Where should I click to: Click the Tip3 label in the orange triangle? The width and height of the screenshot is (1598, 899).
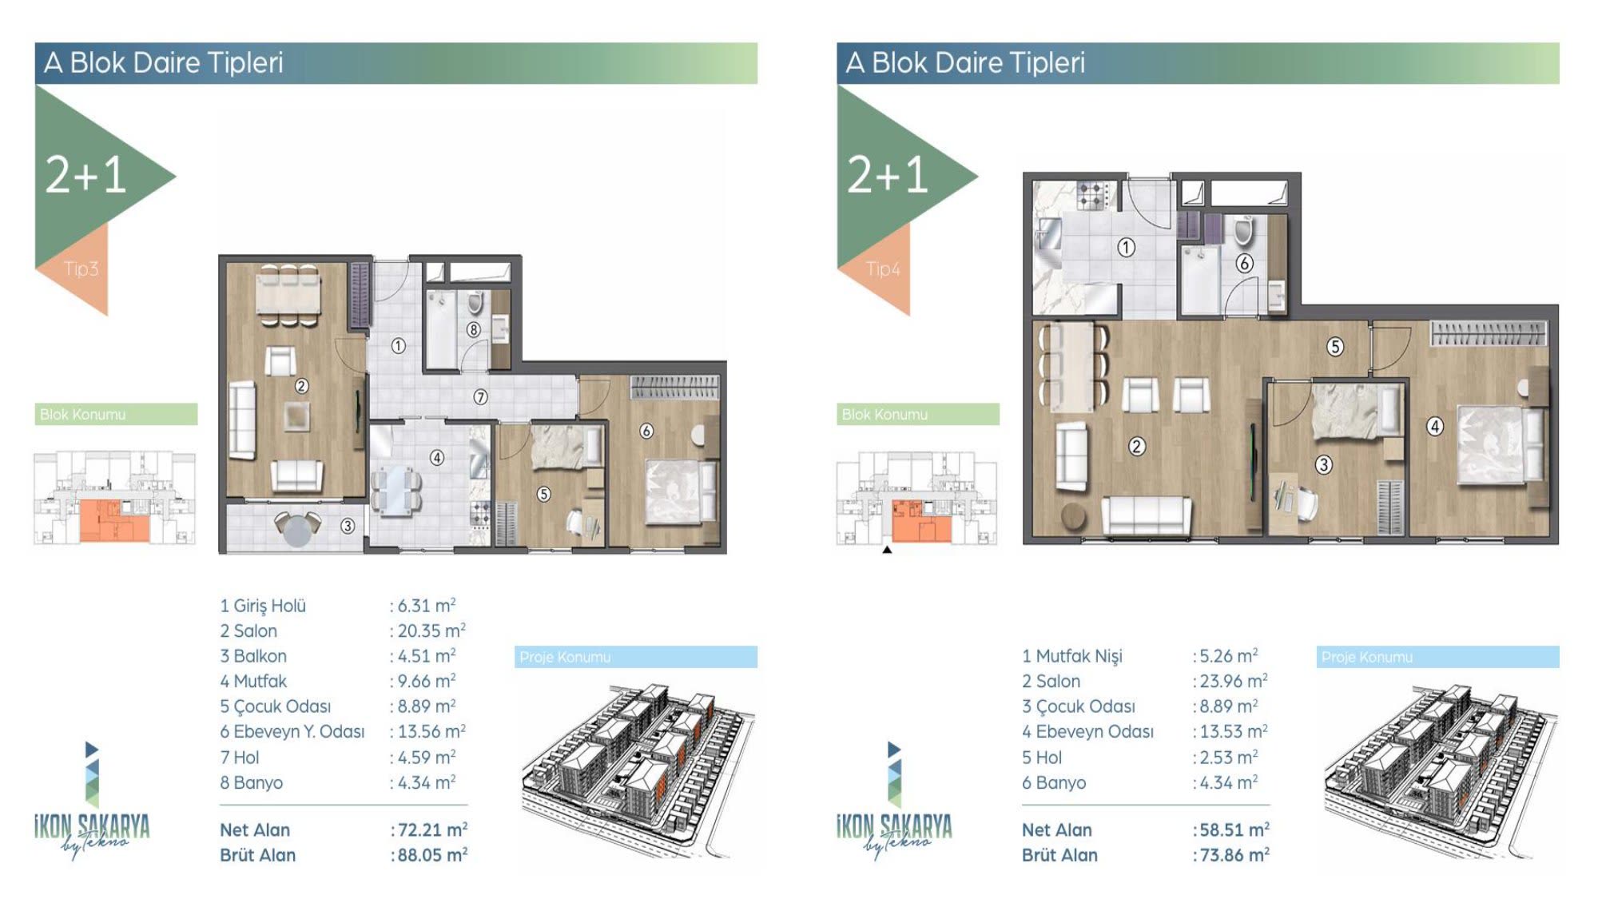(81, 269)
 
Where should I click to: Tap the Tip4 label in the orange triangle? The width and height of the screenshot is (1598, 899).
(883, 269)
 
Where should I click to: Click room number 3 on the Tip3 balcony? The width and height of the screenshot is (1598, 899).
(348, 526)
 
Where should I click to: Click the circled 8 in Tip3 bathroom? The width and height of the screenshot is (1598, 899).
(474, 329)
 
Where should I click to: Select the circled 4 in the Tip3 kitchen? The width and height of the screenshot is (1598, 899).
(437, 458)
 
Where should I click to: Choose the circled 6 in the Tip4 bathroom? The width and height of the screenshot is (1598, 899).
(1244, 263)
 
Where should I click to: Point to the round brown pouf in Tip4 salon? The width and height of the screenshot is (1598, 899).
(1073, 516)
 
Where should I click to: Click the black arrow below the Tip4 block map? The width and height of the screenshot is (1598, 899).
(887, 550)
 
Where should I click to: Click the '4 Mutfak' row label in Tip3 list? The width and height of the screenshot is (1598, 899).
(253, 681)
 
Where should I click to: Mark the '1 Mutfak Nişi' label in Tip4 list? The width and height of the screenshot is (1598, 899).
(1072, 656)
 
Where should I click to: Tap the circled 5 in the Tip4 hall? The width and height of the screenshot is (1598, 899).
(1335, 347)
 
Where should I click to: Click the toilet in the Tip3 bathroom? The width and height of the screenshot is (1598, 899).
(476, 302)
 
